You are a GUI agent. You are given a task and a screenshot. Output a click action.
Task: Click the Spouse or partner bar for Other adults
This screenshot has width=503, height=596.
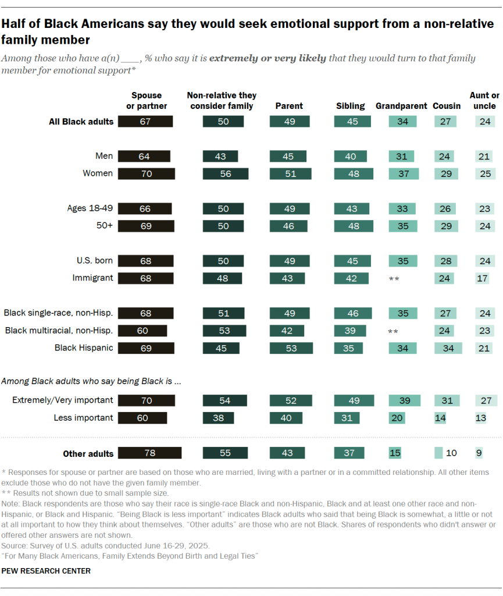click(150, 453)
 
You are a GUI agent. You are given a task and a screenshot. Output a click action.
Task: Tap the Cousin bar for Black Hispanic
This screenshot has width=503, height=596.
click(448, 348)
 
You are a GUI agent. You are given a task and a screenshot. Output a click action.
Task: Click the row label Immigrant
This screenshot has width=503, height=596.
click(93, 278)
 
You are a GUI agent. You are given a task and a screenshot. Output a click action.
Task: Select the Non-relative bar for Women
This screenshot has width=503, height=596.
click(226, 173)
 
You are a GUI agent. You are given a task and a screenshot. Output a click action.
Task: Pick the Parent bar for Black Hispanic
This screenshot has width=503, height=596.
click(291, 348)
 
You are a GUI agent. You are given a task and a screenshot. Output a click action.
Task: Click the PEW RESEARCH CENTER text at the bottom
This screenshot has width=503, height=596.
click(46, 571)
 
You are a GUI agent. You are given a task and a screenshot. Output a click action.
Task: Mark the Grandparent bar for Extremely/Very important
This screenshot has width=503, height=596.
click(404, 400)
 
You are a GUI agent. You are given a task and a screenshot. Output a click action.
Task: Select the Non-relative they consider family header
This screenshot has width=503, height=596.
click(222, 101)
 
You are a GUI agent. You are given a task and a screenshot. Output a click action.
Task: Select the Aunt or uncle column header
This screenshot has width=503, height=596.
click(484, 101)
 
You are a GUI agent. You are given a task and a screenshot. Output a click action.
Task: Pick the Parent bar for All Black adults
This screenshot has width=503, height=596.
click(290, 122)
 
